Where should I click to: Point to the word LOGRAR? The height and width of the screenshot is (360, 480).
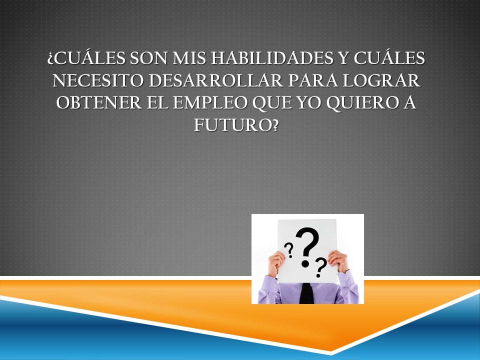(381, 80)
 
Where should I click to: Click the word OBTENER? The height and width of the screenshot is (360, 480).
(99, 103)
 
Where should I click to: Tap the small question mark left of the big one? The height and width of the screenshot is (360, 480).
(289, 250)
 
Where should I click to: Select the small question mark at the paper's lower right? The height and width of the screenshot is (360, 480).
(321, 267)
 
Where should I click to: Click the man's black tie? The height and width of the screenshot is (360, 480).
(306, 293)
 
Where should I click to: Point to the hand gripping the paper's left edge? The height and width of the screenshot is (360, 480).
(275, 264)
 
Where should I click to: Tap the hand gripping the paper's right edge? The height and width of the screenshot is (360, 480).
(338, 261)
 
